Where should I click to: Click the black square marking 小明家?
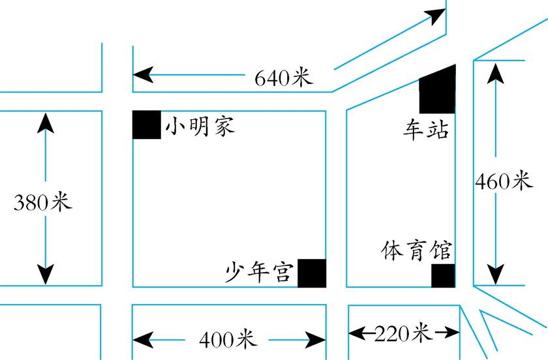147,125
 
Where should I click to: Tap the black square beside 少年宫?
311,273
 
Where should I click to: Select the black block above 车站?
437,91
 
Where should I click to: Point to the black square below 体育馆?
443,276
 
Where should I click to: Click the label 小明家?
200,126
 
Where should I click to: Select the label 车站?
425,130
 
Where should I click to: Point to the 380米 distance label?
42,202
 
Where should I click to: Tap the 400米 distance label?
228,339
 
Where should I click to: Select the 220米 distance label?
403,333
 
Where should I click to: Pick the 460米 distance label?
504,181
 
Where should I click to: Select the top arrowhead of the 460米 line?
497,71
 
